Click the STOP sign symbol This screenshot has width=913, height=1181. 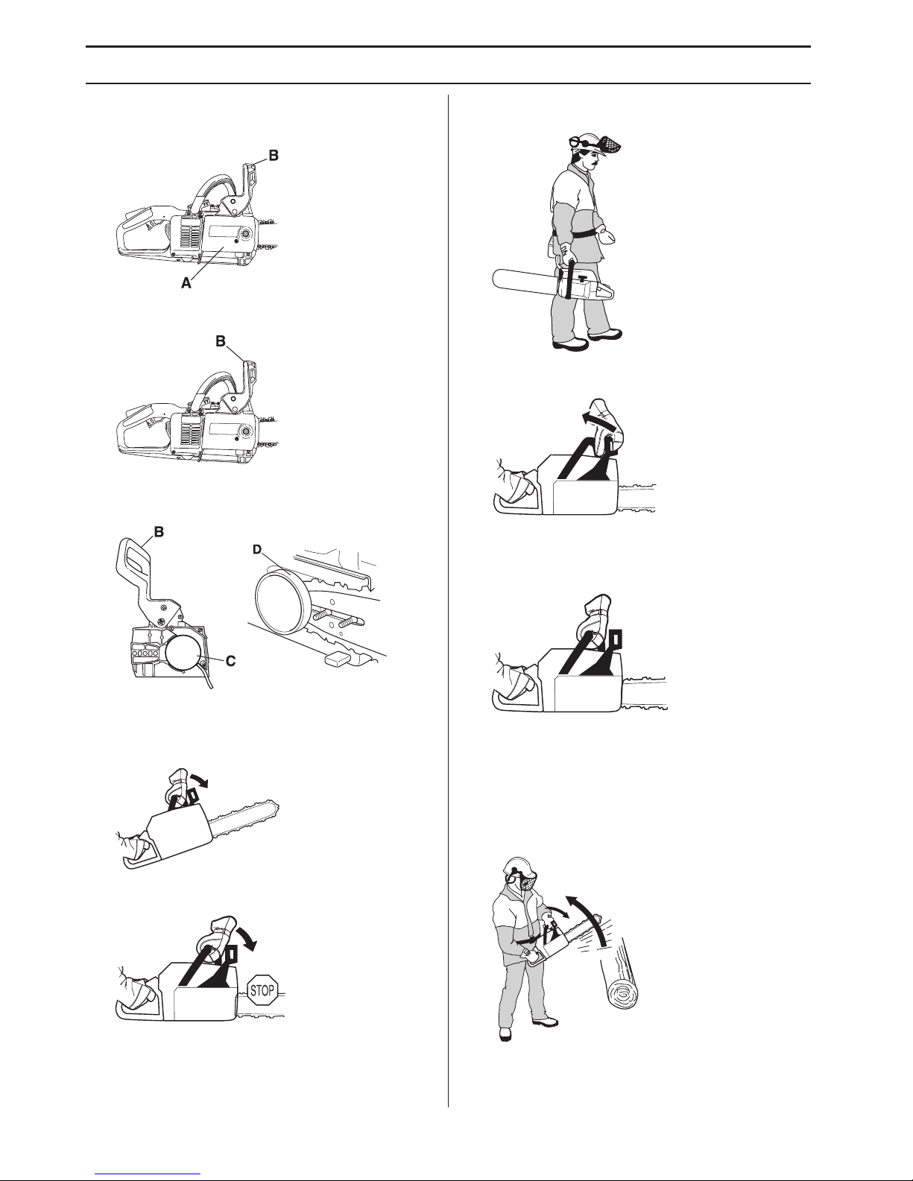point(262,990)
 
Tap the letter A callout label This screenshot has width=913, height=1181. point(186,282)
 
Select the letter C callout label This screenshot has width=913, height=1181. point(230,661)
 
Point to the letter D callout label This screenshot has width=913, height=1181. point(258,550)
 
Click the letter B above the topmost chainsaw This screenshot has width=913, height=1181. point(274,156)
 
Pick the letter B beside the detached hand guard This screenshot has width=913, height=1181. point(159,532)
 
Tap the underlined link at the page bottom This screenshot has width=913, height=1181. point(148,1176)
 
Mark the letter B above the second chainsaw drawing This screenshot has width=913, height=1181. point(220,341)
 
